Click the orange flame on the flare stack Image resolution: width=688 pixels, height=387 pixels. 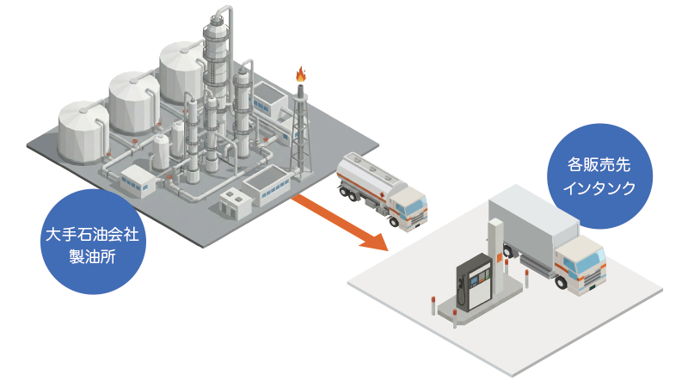300,74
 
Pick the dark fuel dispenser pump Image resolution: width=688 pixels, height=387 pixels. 471,280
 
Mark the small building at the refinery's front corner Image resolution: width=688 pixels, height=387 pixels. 232,201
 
